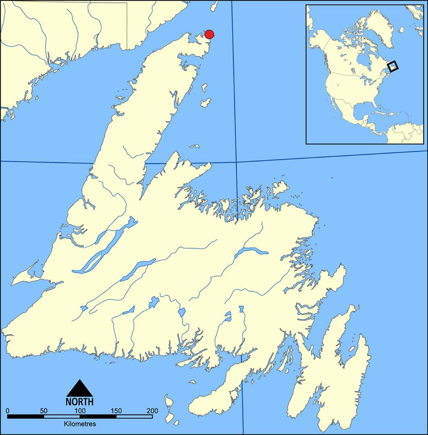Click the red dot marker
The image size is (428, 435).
(x=209, y=34)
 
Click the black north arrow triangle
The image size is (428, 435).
(x=80, y=389)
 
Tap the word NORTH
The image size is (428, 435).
(x=80, y=402)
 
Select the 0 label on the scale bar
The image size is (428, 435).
(x=8, y=411)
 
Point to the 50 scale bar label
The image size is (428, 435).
(x=43, y=411)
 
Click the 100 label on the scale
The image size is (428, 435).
(x=80, y=411)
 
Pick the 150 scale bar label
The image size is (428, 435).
(x=116, y=411)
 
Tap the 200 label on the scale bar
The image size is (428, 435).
(x=152, y=411)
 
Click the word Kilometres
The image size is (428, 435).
(x=80, y=423)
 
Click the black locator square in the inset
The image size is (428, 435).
(x=392, y=66)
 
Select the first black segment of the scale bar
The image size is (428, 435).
(x=26, y=417)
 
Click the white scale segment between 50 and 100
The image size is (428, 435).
(x=62, y=417)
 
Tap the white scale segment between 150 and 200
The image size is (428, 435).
(x=134, y=417)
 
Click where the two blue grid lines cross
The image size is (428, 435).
(x=236, y=162)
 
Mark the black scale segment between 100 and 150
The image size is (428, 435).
(x=98, y=417)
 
